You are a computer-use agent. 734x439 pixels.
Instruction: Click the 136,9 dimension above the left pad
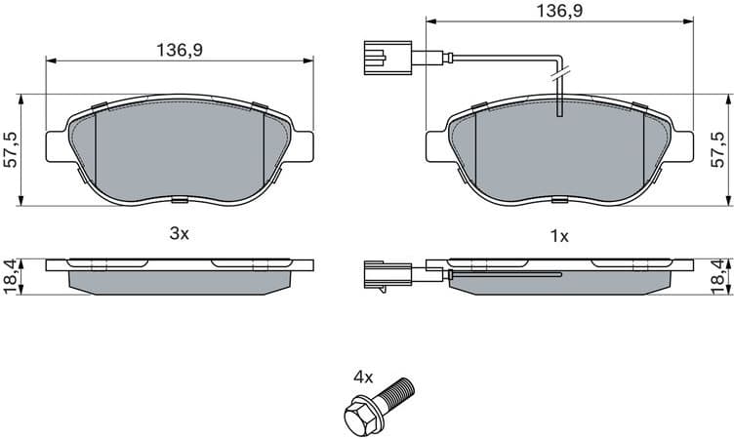click(x=181, y=49)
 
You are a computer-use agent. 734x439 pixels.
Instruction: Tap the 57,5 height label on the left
click(x=11, y=148)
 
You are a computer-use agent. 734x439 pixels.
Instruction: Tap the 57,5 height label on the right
click(x=719, y=148)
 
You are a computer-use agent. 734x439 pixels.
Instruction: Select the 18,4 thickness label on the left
click(x=11, y=277)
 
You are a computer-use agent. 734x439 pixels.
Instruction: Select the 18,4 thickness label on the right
click(x=719, y=277)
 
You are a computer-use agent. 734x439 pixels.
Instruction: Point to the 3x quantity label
click(x=179, y=234)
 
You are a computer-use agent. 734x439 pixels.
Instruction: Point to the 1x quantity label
click(x=559, y=235)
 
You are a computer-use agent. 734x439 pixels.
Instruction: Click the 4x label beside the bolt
click(x=363, y=376)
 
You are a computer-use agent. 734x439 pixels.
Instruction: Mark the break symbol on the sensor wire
click(x=559, y=71)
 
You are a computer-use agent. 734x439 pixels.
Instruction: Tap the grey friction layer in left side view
click(x=181, y=280)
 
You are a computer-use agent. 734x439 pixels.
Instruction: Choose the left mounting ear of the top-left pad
click(x=58, y=141)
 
